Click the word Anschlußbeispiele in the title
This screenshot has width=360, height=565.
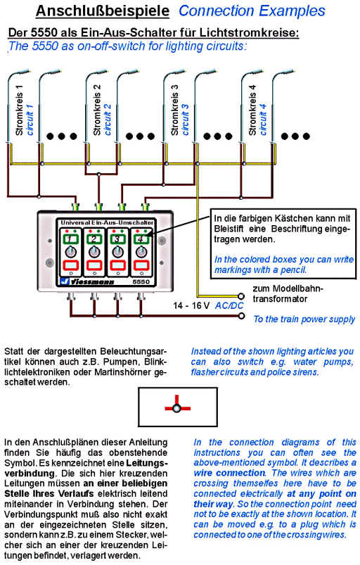pyautogui.click(x=103, y=11)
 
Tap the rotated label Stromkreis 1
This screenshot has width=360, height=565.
pyautogui.click(x=19, y=110)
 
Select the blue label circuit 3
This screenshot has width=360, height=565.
pyautogui.click(x=185, y=120)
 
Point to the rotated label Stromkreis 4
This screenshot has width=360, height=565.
pyautogui.click(x=252, y=110)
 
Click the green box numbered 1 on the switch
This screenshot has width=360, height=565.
pyautogui.click(x=71, y=239)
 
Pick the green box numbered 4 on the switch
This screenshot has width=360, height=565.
pyautogui.click(x=141, y=239)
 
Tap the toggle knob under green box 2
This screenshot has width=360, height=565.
pyautogui.click(x=94, y=252)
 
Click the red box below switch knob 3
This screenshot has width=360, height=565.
pyautogui.click(x=117, y=265)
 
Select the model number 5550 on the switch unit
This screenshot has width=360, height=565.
pyautogui.click(x=141, y=281)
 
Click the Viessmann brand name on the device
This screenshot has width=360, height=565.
pyautogui.click(x=92, y=281)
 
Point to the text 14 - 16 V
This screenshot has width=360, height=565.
pyautogui.click(x=191, y=306)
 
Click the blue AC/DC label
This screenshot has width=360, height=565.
pyautogui.click(x=229, y=306)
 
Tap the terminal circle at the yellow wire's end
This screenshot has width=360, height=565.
pyautogui.click(x=241, y=296)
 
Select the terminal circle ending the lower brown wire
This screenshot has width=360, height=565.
pyautogui.click(x=241, y=316)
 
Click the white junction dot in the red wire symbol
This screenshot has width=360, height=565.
pyautogui.click(x=176, y=408)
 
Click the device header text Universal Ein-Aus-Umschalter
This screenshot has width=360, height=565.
pyautogui.click(x=107, y=222)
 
